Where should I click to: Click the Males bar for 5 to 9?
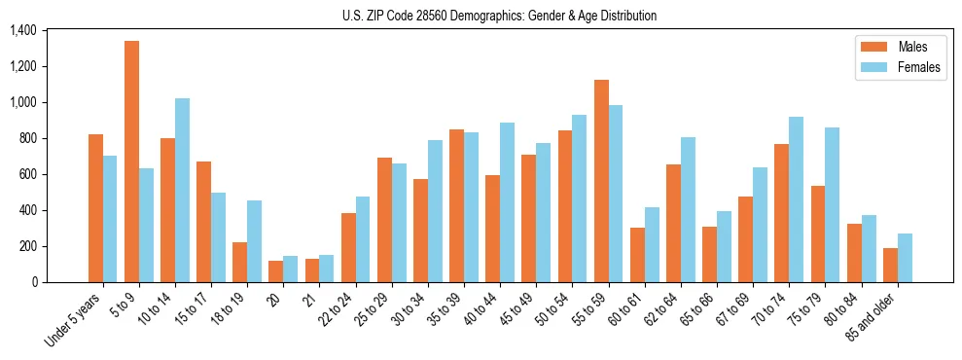click(131, 162)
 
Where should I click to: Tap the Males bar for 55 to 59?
click(601, 181)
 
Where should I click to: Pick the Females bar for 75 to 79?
click(832, 205)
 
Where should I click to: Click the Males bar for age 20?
click(276, 271)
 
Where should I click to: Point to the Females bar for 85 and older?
click(905, 258)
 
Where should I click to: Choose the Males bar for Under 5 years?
click(95, 208)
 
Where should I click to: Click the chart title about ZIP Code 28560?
click(500, 16)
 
